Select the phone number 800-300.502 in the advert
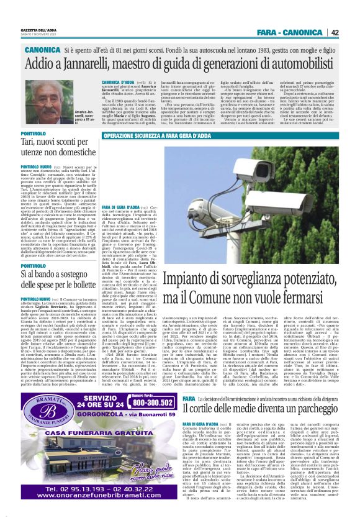tap(146, 402)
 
